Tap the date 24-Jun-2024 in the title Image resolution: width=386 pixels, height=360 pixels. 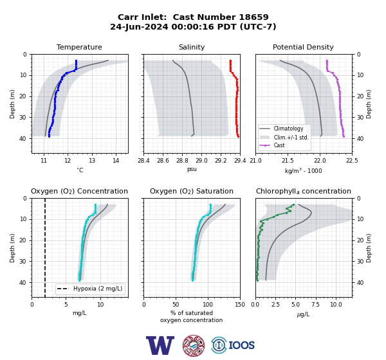tap(139, 26)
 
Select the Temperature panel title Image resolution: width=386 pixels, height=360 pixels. tap(79, 47)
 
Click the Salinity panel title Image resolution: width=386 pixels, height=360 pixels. tap(192, 47)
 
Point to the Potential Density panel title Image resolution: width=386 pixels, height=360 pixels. tap(303, 47)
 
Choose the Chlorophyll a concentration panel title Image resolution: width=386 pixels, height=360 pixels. tap(303, 191)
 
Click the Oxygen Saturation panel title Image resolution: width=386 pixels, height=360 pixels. tap(192, 191)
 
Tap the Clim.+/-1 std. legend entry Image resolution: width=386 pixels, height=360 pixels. tap(284, 138)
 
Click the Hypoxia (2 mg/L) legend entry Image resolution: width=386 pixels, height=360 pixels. tap(90, 289)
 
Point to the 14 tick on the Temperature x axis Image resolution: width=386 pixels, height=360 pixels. tap(116, 161)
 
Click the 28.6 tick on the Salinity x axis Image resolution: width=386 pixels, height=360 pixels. tap(163, 161)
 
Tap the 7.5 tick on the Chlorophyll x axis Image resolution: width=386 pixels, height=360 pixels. tap(316, 304)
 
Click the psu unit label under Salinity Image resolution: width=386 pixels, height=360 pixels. tap(192, 169)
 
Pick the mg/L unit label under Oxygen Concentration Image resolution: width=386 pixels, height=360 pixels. tap(79, 313)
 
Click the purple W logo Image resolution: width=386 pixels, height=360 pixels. tap(160, 345)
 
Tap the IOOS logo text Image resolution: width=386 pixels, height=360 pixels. tap(241, 345)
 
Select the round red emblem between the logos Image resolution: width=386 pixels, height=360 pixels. tap(194, 345)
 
